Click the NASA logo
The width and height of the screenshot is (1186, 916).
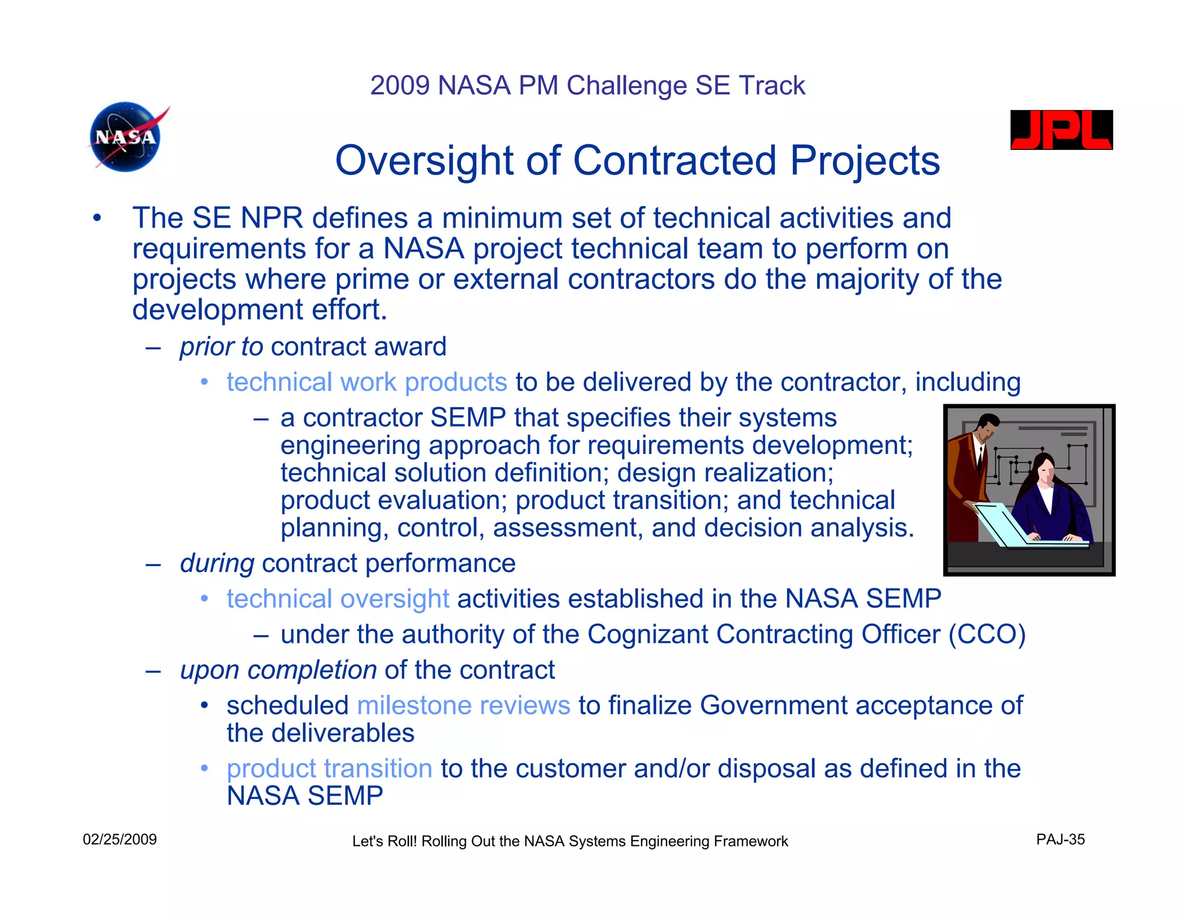pyautogui.click(x=125, y=137)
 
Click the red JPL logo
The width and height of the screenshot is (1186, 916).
pyautogui.click(x=1061, y=130)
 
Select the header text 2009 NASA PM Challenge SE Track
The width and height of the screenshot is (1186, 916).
pyautogui.click(x=587, y=86)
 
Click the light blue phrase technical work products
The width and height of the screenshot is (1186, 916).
pyautogui.click(x=367, y=382)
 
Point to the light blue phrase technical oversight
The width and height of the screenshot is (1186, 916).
pyautogui.click(x=338, y=599)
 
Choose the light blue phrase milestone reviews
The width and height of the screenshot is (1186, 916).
pyautogui.click(x=463, y=705)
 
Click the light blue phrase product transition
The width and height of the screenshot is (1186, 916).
pyautogui.click(x=329, y=768)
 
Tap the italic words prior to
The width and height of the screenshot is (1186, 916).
pyautogui.click(x=221, y=347)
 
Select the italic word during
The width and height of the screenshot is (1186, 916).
pyautogui.click(x=217, y=563)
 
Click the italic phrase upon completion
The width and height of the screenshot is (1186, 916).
pyautogui.click(x=278, y=670)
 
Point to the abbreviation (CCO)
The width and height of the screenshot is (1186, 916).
pyautogui.click(x=987, y=634)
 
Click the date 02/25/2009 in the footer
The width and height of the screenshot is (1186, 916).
pyautogui.click(x=120, y=840)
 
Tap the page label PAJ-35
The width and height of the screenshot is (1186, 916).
pyautogui.click(x=1060, y=840)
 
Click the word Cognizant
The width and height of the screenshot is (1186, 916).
pyautogui.click(x=647, y=634)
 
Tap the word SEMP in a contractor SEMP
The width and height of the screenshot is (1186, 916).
pyautogui.click(x=468, y=418)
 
